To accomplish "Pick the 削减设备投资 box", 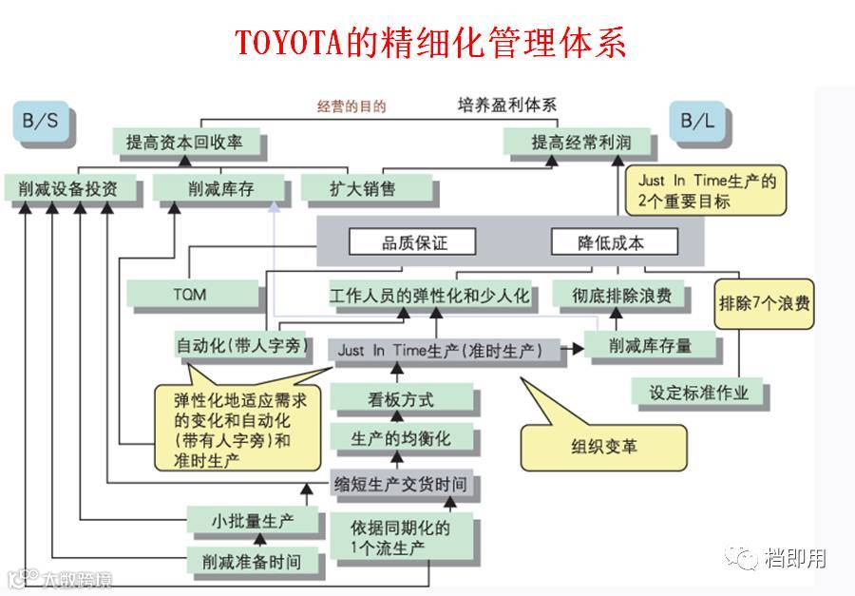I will tap(67, 188).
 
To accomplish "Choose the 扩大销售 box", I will tap(349, 188).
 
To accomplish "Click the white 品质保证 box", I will tap(413, 242).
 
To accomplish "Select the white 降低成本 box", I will tap(614, 242).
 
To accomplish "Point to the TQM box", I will tap(191, 296).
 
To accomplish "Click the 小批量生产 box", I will tap(253, 521).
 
